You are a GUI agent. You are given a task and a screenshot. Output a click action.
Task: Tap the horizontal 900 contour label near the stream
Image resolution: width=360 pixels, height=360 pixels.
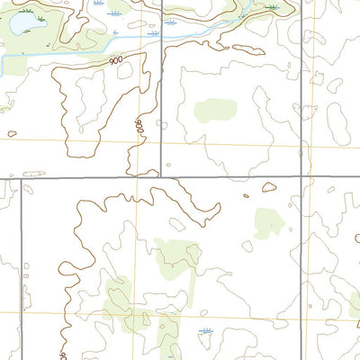(115, 60)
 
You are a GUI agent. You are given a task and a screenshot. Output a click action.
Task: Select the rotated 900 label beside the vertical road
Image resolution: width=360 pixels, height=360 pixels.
(139, 127)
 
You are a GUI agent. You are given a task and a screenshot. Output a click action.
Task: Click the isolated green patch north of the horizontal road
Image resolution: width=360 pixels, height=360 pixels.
(216, 111)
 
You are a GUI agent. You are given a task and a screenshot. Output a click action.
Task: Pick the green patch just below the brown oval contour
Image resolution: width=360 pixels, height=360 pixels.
(268, 221)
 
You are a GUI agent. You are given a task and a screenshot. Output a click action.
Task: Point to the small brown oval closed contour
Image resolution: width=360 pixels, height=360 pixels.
(269, 188)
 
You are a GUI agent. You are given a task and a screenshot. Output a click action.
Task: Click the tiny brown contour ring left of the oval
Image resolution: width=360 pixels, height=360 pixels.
(246, 194)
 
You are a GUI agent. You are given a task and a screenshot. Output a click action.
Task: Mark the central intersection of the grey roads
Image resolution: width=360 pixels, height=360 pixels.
(162, 176)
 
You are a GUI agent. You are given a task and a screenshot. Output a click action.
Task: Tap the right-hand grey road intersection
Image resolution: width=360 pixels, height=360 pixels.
(301, 176)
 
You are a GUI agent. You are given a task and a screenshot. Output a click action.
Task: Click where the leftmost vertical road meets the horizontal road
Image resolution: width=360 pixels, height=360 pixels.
(21, 178)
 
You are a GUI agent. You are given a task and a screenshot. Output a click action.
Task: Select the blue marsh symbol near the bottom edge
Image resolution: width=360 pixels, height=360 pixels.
(206, 333)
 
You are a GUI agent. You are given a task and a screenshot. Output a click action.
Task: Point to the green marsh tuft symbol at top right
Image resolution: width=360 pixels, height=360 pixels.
(271, 7)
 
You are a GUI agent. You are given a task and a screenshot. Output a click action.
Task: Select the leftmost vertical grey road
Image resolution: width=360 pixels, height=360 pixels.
(21, 270)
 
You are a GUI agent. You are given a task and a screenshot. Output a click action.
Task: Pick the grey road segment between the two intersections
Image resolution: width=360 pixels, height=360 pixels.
(231, 176)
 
